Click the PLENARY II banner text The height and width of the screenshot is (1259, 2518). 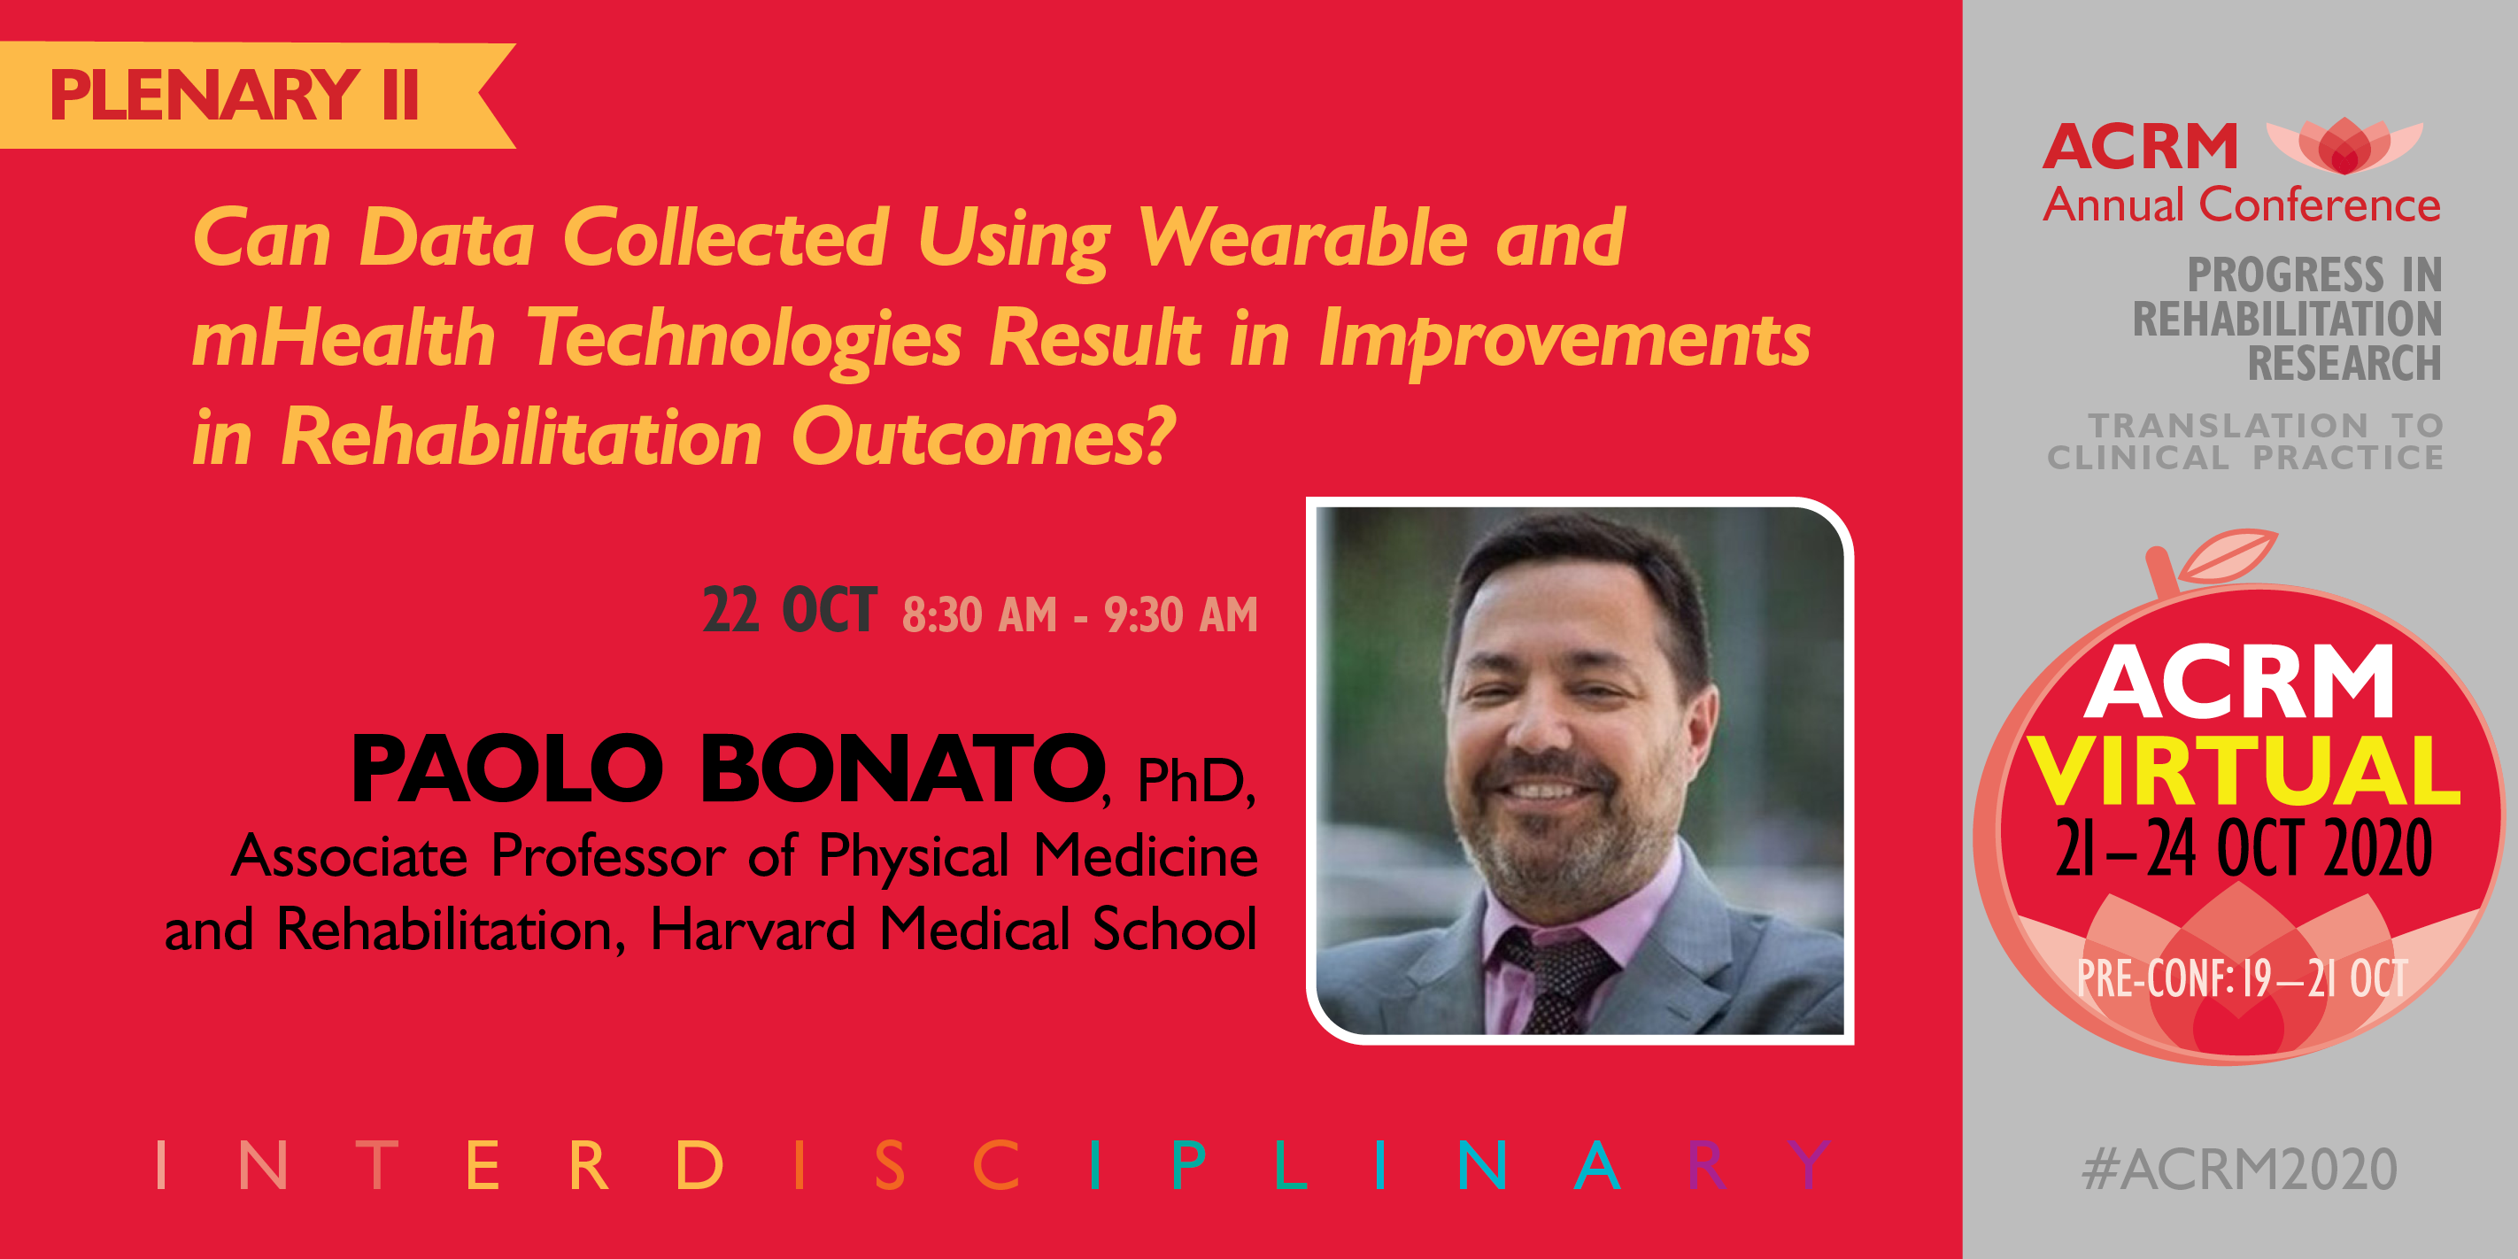pyautogui.click(x=235, y=95)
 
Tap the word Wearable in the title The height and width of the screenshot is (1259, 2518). pyautogui.click(x=1303, y=238)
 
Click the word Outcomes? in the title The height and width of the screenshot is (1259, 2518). pyautogui.click(x=984, y=437)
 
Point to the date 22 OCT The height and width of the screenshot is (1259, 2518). pyautogui.click(x=790, y=611)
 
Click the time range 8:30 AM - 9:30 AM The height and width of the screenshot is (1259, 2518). pyautogui.click(x=1080, y=614)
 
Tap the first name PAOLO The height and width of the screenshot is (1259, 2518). pyautogui.click(x=507, y=769)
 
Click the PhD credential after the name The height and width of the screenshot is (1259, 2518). pyautogui.click(x=1195, y=780)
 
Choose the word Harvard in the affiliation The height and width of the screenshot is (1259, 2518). pyautogui.click(x=753, y=929)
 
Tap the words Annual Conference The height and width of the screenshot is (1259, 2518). pyautogui.click(x=2242, y=205)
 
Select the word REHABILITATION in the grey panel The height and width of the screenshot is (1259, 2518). pyautogui.click(x=2287, y=320)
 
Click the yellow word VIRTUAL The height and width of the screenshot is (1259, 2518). pyautogui.click(x=2244, y=770)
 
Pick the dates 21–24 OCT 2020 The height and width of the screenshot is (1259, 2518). pyautogui.click(x=2244, y=847)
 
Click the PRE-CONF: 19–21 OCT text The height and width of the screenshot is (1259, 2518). pyautogui.click(x=2243, y=977)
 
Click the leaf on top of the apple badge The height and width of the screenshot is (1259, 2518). pyautogui.click(x=2228, y=554)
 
